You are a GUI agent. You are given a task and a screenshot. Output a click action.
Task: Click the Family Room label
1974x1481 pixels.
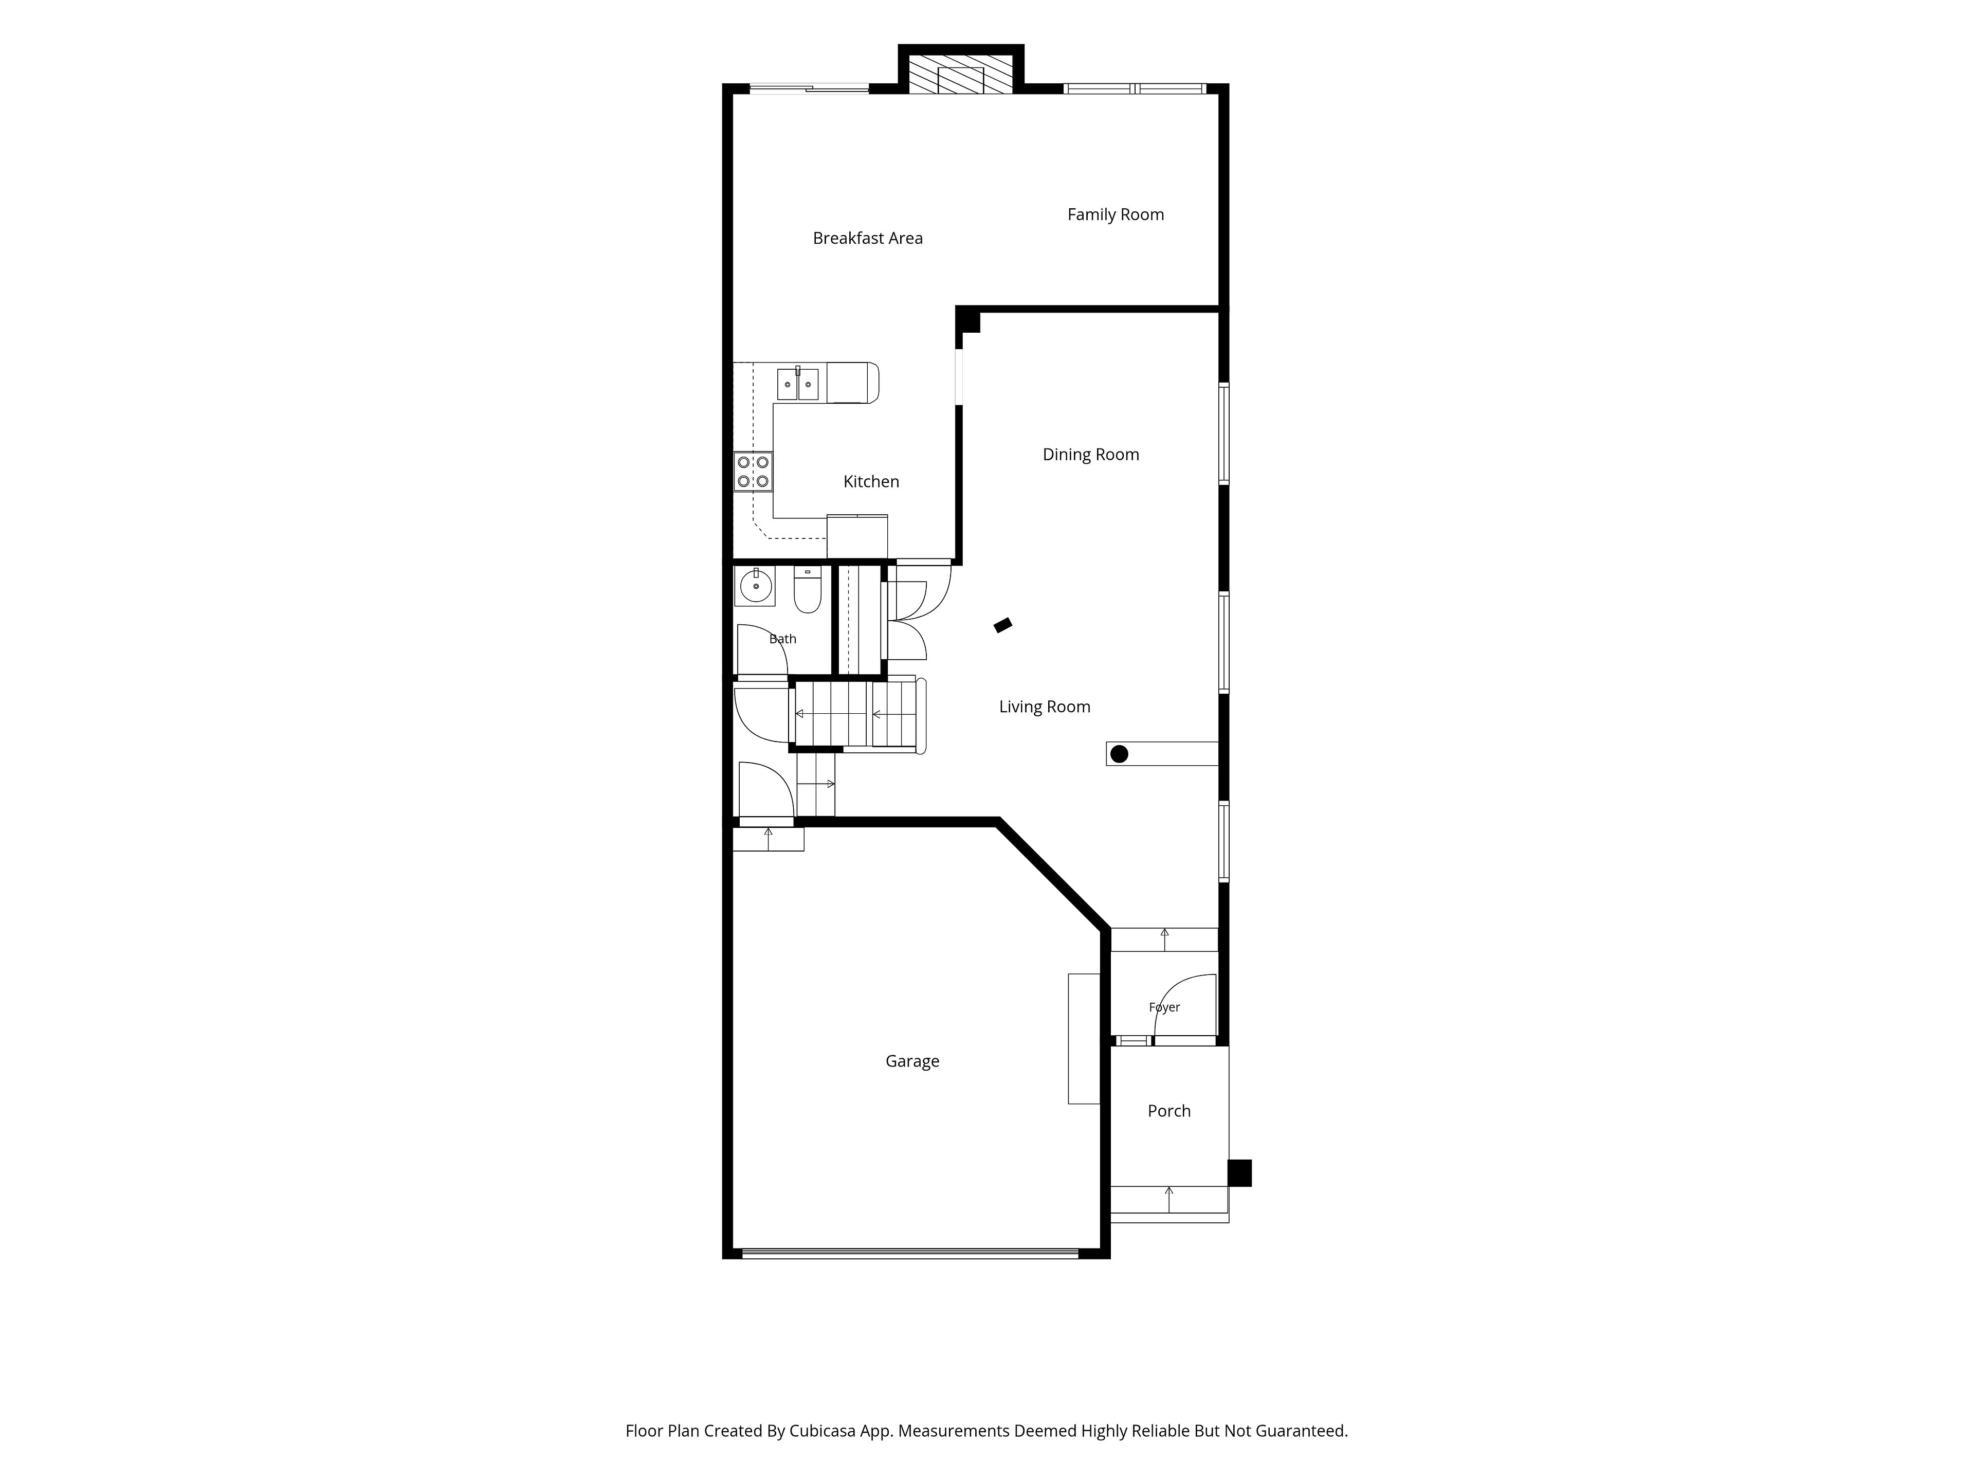tap(1116, 214)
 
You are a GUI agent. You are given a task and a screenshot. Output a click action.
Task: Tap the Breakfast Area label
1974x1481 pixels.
tap(867, 239)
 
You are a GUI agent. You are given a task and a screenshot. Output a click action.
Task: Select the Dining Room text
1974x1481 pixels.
tap(1090, 455)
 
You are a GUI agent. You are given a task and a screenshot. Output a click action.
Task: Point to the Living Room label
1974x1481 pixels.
tap(1044, 707)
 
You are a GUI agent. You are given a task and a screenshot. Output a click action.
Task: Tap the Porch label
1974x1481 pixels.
tap(1169, 1111)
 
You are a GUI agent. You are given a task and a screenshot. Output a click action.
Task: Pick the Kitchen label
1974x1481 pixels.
tap(871, 482)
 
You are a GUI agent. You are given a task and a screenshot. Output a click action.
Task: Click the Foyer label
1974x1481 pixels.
tap(1164, 1007)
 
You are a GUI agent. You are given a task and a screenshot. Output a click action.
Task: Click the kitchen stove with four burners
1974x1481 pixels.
tap(753, 472)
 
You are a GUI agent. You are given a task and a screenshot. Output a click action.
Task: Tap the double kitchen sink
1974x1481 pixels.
tap(798, 384)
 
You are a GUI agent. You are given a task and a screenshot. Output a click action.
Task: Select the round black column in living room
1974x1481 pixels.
tap(1119, 754)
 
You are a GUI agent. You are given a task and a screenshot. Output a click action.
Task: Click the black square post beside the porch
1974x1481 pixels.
tap(1239, 1173)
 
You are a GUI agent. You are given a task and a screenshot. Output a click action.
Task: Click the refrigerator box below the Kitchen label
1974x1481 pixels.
tap(857, 536)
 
